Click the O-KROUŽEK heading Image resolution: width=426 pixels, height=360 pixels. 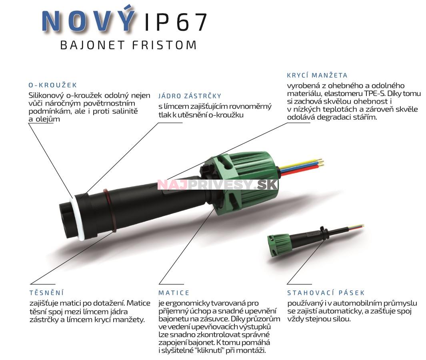(52, 85)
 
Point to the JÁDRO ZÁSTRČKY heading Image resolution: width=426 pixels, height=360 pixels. (190, 96)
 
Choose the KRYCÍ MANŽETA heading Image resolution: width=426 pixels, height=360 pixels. (317, 75)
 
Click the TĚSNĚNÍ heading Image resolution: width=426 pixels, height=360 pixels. (46, 293)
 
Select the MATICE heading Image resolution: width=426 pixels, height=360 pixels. (174, 293)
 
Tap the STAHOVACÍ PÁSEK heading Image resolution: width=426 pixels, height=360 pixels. (326, 293)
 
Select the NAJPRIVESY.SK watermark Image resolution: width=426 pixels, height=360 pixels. (218, 184)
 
